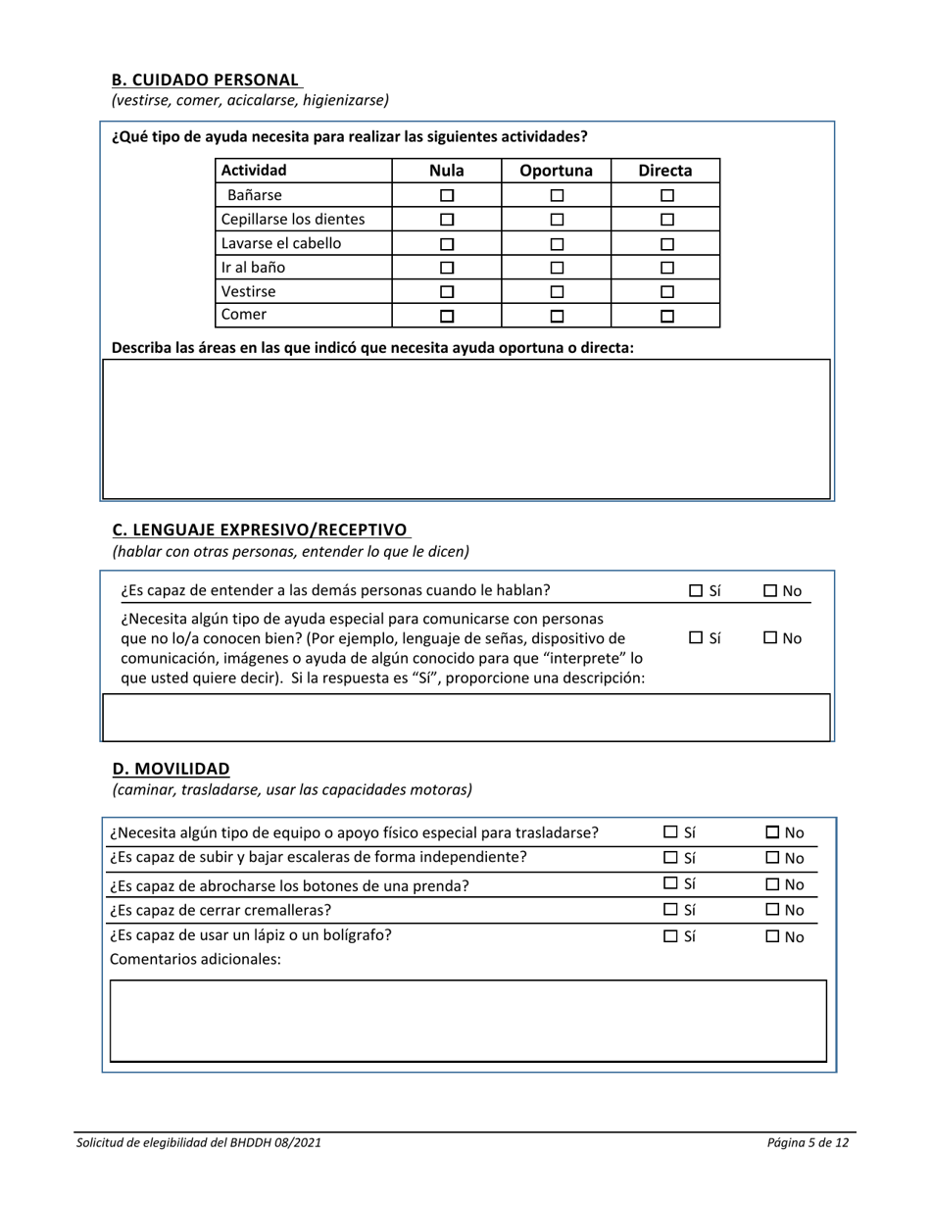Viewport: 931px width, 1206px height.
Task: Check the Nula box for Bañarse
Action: point(447,195)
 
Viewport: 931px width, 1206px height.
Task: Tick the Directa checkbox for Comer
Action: point(667,316)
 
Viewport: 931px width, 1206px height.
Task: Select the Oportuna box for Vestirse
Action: point(557,291)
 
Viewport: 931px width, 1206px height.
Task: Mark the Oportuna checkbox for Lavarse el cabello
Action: point(557,243)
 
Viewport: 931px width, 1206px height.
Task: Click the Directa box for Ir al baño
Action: point(667,267)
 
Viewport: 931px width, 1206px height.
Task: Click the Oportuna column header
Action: point(556,171)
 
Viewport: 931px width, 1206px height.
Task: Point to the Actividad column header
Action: point(254,171)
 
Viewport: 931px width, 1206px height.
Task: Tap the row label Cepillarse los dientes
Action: point(293,219)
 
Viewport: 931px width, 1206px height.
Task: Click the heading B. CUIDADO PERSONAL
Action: point(206,79)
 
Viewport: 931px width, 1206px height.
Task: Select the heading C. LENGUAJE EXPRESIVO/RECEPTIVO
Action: point(260,530)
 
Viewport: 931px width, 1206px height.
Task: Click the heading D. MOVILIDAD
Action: point(171,768)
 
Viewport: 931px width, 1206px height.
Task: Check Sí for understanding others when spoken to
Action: point(696,590)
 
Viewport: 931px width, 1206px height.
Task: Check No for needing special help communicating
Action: point(770,638)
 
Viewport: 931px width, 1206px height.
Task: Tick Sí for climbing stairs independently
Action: point(671,858)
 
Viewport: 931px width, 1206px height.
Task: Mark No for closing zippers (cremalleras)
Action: point(773,910)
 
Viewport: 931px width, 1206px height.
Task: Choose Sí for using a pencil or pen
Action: point(671,936)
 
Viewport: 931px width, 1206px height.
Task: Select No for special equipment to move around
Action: point(773,832)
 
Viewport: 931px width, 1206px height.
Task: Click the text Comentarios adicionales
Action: point(195,959)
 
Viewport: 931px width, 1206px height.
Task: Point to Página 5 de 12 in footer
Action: point(808,1142)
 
